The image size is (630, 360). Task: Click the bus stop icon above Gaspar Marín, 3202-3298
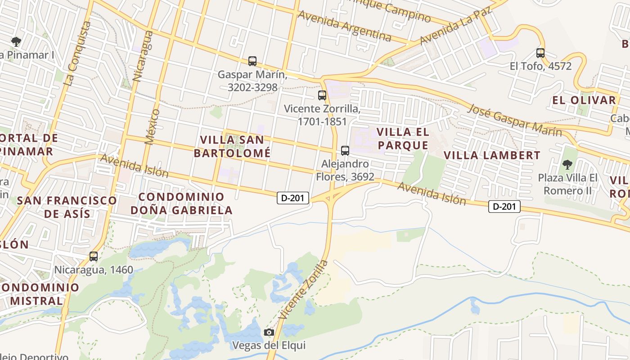coord(252,61)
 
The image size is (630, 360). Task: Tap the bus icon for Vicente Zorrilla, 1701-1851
coord(322,95)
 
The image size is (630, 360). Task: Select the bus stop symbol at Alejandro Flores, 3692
coord(345,151)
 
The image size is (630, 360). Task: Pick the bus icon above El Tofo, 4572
coord(540,53)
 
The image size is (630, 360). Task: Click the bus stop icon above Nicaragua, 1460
coord(94,256)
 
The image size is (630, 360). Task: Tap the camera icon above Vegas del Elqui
coord(269,333)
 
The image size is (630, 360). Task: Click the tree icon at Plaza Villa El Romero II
coord(567,164)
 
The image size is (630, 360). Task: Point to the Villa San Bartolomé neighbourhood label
coord(232,146)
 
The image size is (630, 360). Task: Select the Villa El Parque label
coord(403,139)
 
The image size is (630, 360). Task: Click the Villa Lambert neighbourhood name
coord(492,156)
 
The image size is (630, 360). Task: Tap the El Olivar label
coord(584,100)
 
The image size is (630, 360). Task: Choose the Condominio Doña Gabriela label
coord(181,203)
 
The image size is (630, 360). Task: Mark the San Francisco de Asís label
coord(67,207)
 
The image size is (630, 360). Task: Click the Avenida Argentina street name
coord(345,26)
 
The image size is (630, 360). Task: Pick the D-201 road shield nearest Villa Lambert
coord(504,207)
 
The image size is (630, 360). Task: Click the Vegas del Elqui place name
coord(269,346)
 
